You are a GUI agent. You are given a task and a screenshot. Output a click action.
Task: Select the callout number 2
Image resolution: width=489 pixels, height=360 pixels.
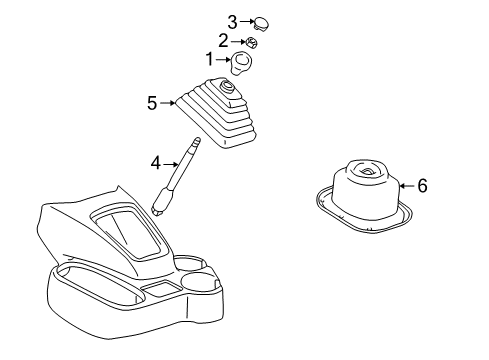pos(223,41)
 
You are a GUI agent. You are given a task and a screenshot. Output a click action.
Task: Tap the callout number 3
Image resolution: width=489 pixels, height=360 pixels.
pos(232,21)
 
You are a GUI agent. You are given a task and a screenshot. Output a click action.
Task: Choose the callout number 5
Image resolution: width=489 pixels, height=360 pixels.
pos(152,101)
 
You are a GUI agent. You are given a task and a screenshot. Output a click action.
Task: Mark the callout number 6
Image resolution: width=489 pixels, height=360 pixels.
pos(422,184)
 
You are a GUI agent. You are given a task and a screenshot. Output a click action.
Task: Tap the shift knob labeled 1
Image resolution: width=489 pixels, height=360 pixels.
pos(241,65)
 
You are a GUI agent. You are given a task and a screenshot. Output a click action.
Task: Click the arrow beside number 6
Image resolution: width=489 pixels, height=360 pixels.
pos(404,184)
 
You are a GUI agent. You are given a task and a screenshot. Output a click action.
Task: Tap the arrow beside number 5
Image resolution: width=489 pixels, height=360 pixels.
pos(168,101)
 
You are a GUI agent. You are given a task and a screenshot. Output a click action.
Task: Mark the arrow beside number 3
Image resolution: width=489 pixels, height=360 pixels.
pos(246,21)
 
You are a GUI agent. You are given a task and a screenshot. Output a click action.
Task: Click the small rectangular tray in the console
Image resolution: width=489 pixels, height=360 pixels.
pos(160,291)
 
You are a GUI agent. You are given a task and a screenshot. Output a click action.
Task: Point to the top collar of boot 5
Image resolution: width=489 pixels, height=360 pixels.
pos(229,89)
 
